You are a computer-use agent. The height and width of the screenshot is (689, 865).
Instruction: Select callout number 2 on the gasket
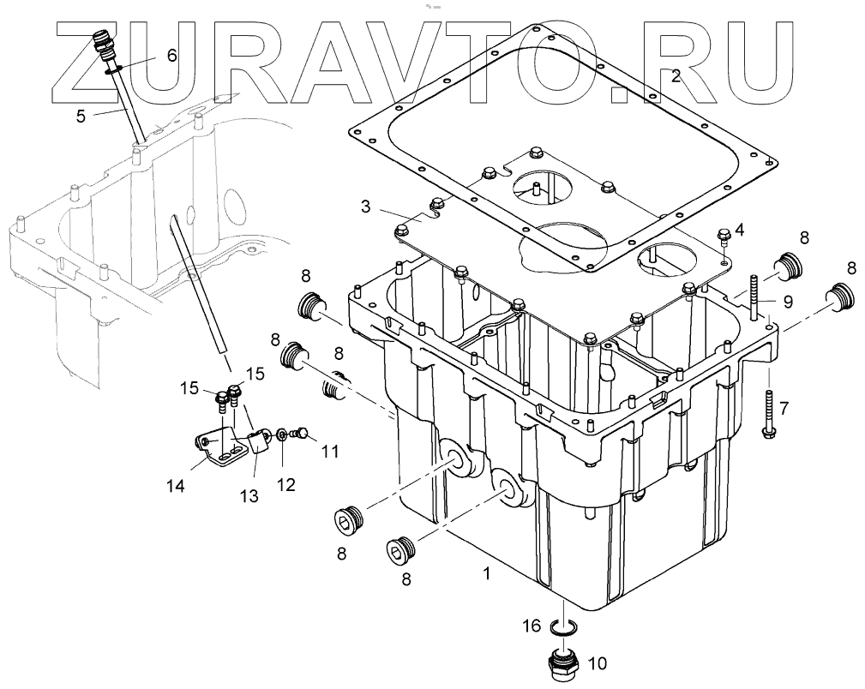coord(676,76)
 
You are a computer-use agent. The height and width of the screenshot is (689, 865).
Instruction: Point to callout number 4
coord(740,229)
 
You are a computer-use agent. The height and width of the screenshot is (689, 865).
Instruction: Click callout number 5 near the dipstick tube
coord(81,115)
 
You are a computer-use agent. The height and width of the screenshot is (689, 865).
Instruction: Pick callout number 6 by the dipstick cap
coord(171,56)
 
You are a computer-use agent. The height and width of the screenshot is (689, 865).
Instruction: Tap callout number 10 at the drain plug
coord(597,662)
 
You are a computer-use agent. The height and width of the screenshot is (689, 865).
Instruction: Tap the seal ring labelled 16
coord(562,630)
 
